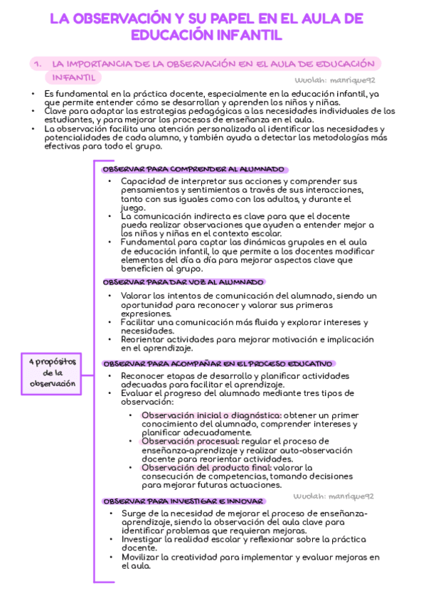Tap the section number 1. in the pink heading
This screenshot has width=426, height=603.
tap(38, 64)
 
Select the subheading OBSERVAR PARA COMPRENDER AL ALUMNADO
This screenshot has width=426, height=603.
tap(194, 169)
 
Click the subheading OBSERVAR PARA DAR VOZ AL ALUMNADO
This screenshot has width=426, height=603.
tap(183, 282)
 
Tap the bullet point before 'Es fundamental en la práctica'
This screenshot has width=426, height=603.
tap(33, 94)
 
